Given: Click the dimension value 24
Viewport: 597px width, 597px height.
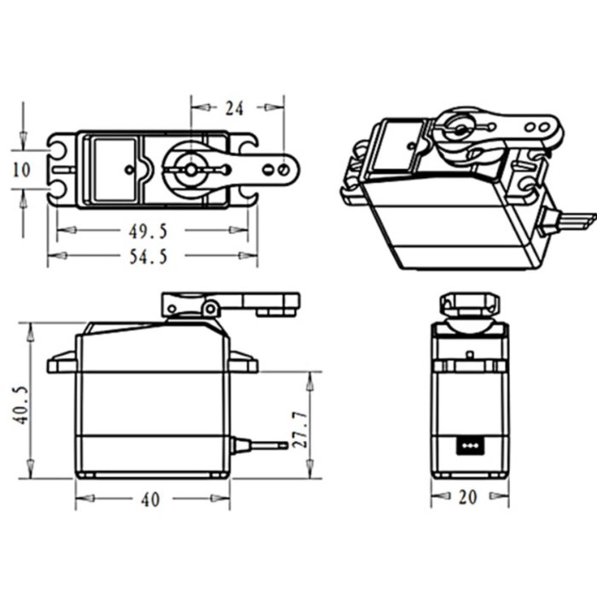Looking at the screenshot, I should pyautogui.click(x=234, y=108).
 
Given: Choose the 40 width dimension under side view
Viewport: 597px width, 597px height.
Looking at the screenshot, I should pyautogui.click(x=150, y=501).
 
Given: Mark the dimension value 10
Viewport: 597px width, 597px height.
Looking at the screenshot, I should pyautogui.click(x=21, y=170).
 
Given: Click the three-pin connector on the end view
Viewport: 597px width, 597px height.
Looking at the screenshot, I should pyautogui.click(x=467, y=444).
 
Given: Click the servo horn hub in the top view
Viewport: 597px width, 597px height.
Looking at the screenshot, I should pyautogui.click(x=190, y=169).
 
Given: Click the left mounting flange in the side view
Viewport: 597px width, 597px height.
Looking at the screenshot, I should pyautogui.click(x=61, y=364).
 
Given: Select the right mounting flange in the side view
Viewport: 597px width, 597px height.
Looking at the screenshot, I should pyautogui.click(x=243, y=364).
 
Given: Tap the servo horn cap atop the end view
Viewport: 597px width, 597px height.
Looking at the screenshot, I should pyautogui.click(x=468, y=304).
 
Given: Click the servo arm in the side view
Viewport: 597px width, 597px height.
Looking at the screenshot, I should pyautogui.click(x=256, y=302).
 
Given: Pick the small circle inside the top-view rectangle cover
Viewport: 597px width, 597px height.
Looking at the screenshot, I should pyautogui.click(x=129, y=169).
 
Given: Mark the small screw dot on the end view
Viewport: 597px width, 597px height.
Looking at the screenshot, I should pyautogui.click(x=468, y=353).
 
